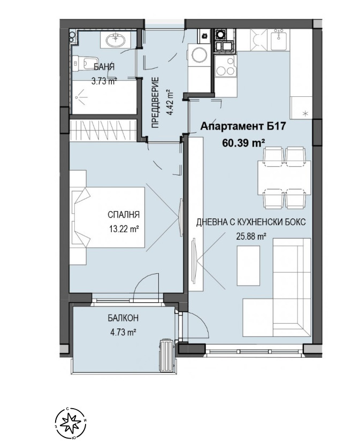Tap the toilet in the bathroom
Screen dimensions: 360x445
[82, 63]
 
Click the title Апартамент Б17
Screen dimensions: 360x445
[242, 126]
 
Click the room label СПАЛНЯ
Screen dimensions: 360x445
[124, 214]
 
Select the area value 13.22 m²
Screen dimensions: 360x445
[124, 228]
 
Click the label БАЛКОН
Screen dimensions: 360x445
[123, 318]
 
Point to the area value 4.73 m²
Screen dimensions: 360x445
[123, 332]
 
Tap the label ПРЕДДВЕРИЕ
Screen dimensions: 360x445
[155, 102]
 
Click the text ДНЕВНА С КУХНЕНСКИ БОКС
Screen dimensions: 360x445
[251, 221]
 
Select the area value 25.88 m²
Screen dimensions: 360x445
[251, 236]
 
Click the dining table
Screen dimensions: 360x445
[284, 178]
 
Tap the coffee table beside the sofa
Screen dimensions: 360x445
[248, 266]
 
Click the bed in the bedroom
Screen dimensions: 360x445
[108, 217]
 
